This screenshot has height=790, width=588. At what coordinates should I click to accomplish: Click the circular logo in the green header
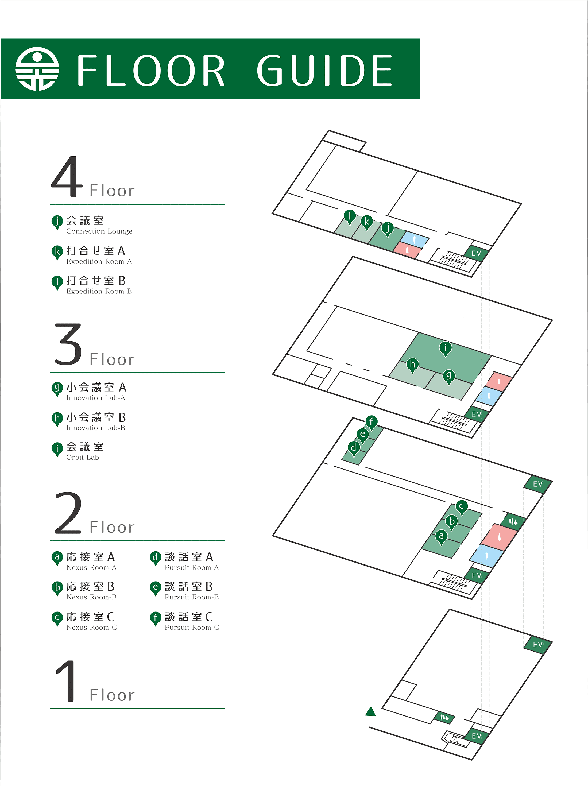pyautogui.click(x=37, y=69)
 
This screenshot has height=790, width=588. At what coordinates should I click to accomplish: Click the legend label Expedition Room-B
pyautogui.click(x=99, y=291)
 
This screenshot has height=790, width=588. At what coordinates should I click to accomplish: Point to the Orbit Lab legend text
pyautogui.click(x=83, y=457)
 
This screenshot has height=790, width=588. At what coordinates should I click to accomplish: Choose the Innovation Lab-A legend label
pyautogui.click(x=96, y=398)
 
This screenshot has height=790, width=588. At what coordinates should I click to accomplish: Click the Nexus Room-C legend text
pyautogui.click(x=91, y=627)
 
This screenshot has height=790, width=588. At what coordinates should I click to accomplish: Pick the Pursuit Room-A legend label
pyautogui.click(x=191, y=568)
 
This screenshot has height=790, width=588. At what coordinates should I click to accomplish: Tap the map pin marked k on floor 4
pyautogui.click(x=367, y=222)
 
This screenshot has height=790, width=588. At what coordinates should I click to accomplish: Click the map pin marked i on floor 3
pyautogui.click(x=445, y=348)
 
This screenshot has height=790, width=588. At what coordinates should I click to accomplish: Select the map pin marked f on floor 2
pyautogui.click(x=371, y=422)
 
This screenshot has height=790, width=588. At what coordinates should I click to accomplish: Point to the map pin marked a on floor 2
pyautogui.click(x=441, y=536)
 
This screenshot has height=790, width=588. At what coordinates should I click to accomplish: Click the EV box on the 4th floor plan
pyautogui.click(x=476, y=253)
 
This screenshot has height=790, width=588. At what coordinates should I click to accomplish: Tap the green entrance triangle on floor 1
pyautogui.click(x=370, y=712)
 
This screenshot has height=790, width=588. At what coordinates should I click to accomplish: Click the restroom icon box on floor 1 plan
pyautogui.click(x=444, y=717)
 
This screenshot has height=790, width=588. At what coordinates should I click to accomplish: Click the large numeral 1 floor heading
pyautogui.click(x=67, y=681)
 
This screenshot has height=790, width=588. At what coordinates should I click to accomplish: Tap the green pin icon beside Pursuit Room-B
pyautogui.click(x=155, y=588)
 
